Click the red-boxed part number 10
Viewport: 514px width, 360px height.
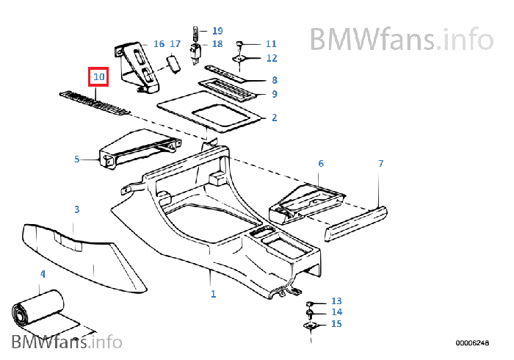[x=98, y=76]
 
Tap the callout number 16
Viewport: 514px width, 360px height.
[x=159, y=44]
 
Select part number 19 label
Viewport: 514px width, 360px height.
[x=217, y=31]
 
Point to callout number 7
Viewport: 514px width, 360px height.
[x=380, y=163]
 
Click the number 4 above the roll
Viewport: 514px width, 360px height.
[x=43, y=274]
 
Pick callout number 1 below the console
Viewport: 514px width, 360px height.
[x=213, y=294]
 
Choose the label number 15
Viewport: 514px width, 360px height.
[x=336, y=324]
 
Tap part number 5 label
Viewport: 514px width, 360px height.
[x=76, y=159]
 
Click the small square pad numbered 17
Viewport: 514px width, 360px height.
[x=173, y=64]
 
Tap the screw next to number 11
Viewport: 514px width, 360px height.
[x=240, y=46]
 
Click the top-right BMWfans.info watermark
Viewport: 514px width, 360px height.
[x=400, y=37]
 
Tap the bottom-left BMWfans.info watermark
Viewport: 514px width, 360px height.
[x=66, y=342]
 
